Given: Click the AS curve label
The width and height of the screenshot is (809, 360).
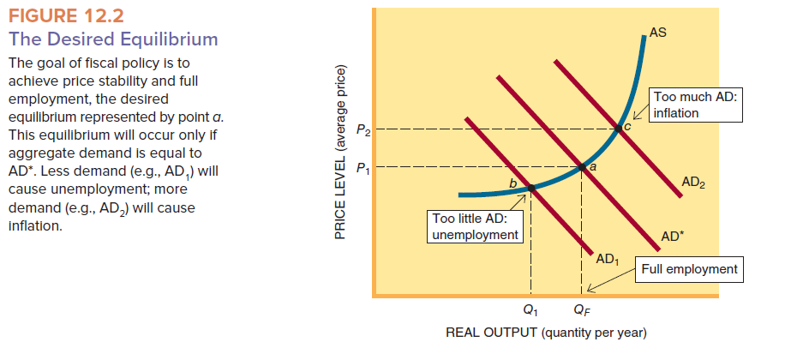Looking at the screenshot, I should pyautogui.click(x=658, y=33).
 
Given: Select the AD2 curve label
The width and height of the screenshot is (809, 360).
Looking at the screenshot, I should pyautogui.click(x=693, y=182).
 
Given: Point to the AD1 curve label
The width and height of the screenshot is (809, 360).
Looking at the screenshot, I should pyautogui.click(x=607, y=258).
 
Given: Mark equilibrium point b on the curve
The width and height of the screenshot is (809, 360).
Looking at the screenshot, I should pyautogui.click(x=530, y=188).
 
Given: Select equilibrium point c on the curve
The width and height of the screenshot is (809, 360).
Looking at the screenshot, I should pyautogui.click(x=619, y=129).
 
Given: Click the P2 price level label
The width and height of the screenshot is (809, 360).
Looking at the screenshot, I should pyautogui.click(x=364, y=130).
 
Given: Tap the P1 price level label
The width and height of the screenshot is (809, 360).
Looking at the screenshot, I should pyautogui.click(x=364, y=167).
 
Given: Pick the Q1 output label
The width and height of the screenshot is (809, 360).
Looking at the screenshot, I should pyautogui.click(x=531, y=309).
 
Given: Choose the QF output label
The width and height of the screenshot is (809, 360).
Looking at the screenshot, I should pyautogui.click(x=582, y=309).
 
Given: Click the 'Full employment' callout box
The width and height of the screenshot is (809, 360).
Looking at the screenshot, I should pyautogui.click(x=689, y=269).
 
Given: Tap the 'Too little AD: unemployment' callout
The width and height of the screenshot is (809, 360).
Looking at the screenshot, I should pyautogui.click(x=474, y=227).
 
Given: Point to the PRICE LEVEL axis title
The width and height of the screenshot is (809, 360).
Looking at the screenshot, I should pyautogui.click(x=342, y=151).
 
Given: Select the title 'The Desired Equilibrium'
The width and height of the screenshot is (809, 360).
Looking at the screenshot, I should pyautogui.click(x=112, y=39).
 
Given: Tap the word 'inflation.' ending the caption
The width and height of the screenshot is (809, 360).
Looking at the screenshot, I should pyautogui.click(x=34, y=226).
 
